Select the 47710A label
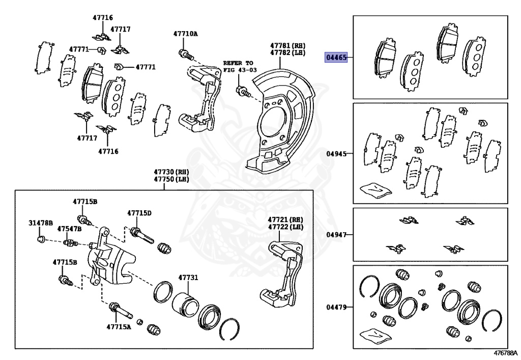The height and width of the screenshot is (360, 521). click(185, 34)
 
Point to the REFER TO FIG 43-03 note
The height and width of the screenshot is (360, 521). click(238, 66)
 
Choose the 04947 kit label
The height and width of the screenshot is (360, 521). click(336, 235)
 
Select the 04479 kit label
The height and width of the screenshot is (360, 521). click(336, 307)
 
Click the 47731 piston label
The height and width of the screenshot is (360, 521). click(188, 278)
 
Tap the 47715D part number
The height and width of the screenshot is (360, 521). click(139, 213)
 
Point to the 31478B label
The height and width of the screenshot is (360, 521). click(40, 223)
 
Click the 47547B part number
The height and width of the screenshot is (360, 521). click(69, 229)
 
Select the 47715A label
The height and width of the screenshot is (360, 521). click(119, 326)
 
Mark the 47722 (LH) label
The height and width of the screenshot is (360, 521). click(285, 227)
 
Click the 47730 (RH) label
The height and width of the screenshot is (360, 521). click(164, 172)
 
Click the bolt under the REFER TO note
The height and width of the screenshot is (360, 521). click(242, 92)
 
